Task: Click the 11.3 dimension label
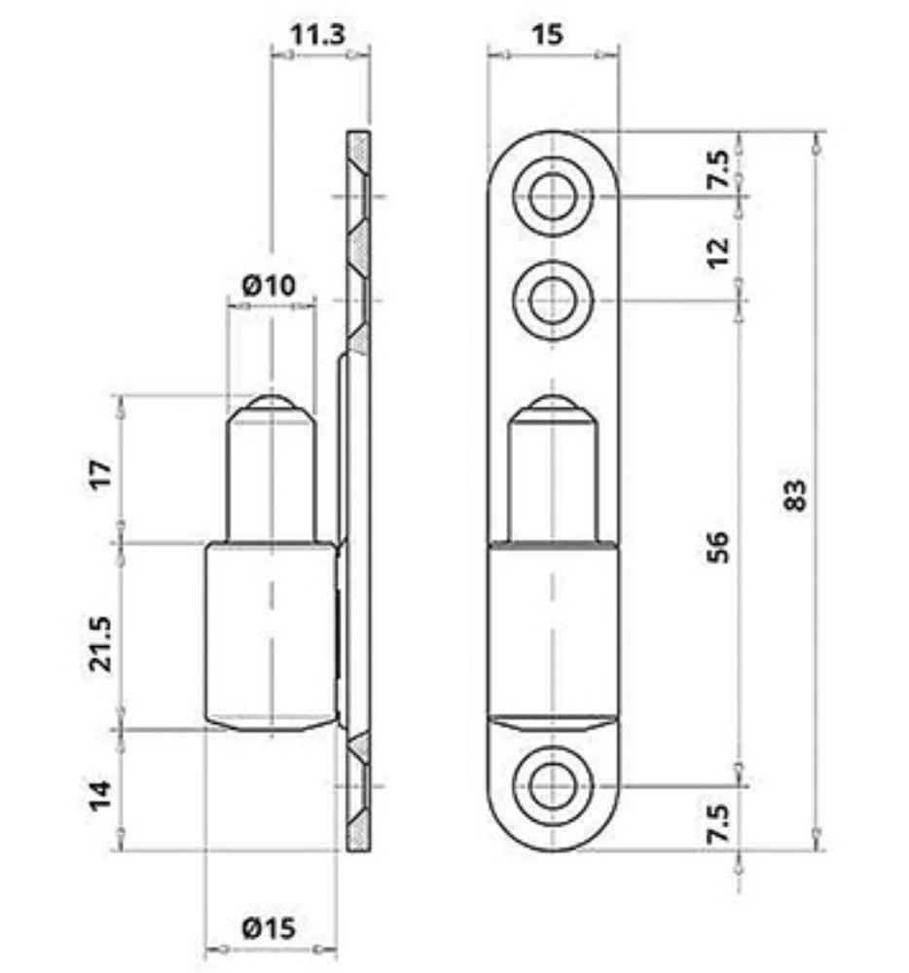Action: (317, 34)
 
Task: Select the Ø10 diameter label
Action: (269, 285)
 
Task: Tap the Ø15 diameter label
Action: (269, 928)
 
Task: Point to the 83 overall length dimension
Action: (795, 494)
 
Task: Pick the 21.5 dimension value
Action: (100, 643)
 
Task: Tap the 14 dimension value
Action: (100, 795)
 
